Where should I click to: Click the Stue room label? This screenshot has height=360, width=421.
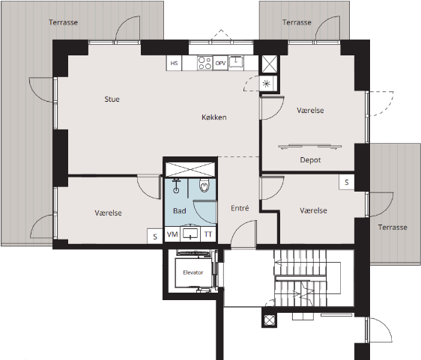point(112,100)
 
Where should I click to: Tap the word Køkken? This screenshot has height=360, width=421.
point(214,118)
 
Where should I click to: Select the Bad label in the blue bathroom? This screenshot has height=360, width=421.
point(180,211)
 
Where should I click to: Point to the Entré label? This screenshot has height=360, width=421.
point(240,208)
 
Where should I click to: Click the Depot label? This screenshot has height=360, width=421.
point(310,160)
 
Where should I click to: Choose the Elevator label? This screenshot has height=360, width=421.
point(193,272)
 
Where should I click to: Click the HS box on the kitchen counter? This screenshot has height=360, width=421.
point(174,64)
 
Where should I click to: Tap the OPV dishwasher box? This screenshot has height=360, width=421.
point(220,64)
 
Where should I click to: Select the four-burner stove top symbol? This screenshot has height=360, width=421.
point(205,64)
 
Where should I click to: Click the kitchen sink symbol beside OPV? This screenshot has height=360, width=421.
point(236,62)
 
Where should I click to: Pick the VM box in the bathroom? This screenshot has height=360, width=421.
point(172,235)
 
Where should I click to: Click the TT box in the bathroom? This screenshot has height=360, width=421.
point(208,235)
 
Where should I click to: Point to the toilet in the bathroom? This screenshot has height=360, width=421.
point(204,186)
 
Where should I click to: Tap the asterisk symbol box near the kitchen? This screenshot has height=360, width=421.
point(267,84)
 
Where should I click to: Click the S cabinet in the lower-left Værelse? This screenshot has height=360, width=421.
point(155,237)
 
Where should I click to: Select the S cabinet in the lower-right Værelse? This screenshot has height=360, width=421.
point(347,183)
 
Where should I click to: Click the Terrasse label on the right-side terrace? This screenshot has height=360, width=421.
point(393,228)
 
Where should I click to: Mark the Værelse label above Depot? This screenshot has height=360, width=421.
point(310,111)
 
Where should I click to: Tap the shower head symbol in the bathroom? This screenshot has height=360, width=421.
point(176,186)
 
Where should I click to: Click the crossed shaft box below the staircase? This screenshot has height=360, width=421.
point(269,320)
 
